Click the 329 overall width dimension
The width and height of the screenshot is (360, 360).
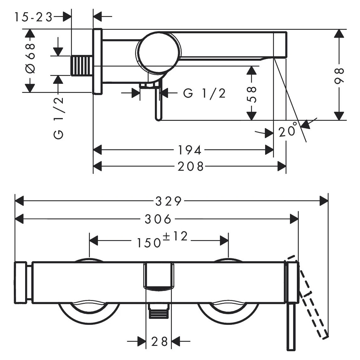(x=169, y=201)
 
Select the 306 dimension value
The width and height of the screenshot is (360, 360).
(x=158, y=219)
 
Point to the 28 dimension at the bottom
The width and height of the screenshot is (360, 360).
(x=159, y=341)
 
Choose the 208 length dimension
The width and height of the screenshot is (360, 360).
(x=191, y=166)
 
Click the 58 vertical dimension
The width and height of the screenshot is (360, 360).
(x=252, y=94)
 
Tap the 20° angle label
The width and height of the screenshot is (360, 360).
(x=288, y=130)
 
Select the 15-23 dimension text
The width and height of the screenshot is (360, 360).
(x=33, y=17)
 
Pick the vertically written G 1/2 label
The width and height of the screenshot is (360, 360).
(x=59, y=118)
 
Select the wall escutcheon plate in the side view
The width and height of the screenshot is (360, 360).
(x=97, y=61)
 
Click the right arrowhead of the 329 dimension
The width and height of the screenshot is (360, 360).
(x=324, y=201)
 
